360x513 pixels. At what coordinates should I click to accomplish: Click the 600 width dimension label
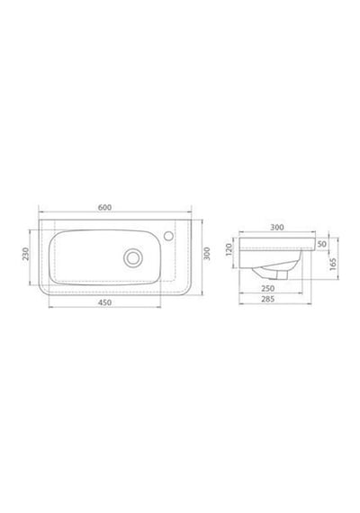click(104, 207)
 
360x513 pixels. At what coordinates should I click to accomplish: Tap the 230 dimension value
click(26, 254)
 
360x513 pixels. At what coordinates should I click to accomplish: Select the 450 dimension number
click(104, 302)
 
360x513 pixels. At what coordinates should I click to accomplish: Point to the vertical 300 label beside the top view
click(207, 254)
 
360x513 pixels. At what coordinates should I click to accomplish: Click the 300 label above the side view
click(277, 227)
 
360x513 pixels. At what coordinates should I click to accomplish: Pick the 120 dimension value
click(229, 249)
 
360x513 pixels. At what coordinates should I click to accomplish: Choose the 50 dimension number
click(322, 244)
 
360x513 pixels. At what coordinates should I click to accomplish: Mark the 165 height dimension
click(333, 264)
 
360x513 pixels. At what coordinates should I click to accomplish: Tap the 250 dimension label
click(267, 288)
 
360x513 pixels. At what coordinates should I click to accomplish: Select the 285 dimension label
click(267, 299)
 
